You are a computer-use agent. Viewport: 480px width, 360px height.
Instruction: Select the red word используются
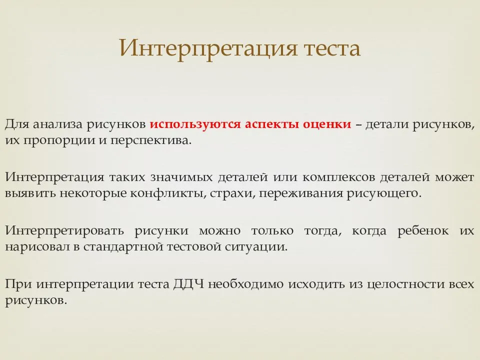pyautogui.click(x=195, y=124)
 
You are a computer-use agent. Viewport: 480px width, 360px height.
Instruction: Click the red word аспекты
pyautogui.click(x=272, y=125)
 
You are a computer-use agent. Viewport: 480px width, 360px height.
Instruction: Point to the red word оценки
pyautogui.click(x=327, y=125)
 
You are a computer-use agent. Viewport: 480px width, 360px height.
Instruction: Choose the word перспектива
pyautogui.click(x=150, y=141)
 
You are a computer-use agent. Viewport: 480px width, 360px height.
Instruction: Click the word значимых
pyautogui.click(x=181, y=177)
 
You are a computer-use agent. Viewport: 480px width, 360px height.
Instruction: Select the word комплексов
pyautogui.click(x=339, y=177)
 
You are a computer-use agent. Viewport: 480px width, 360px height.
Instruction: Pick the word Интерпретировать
pyautogui.click(x=64, y=231)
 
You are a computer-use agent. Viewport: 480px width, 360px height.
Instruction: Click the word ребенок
pyautogui.click(x=423, y=230)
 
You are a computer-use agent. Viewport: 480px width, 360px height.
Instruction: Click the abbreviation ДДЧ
pyautogui.click(x=188, y=284)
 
